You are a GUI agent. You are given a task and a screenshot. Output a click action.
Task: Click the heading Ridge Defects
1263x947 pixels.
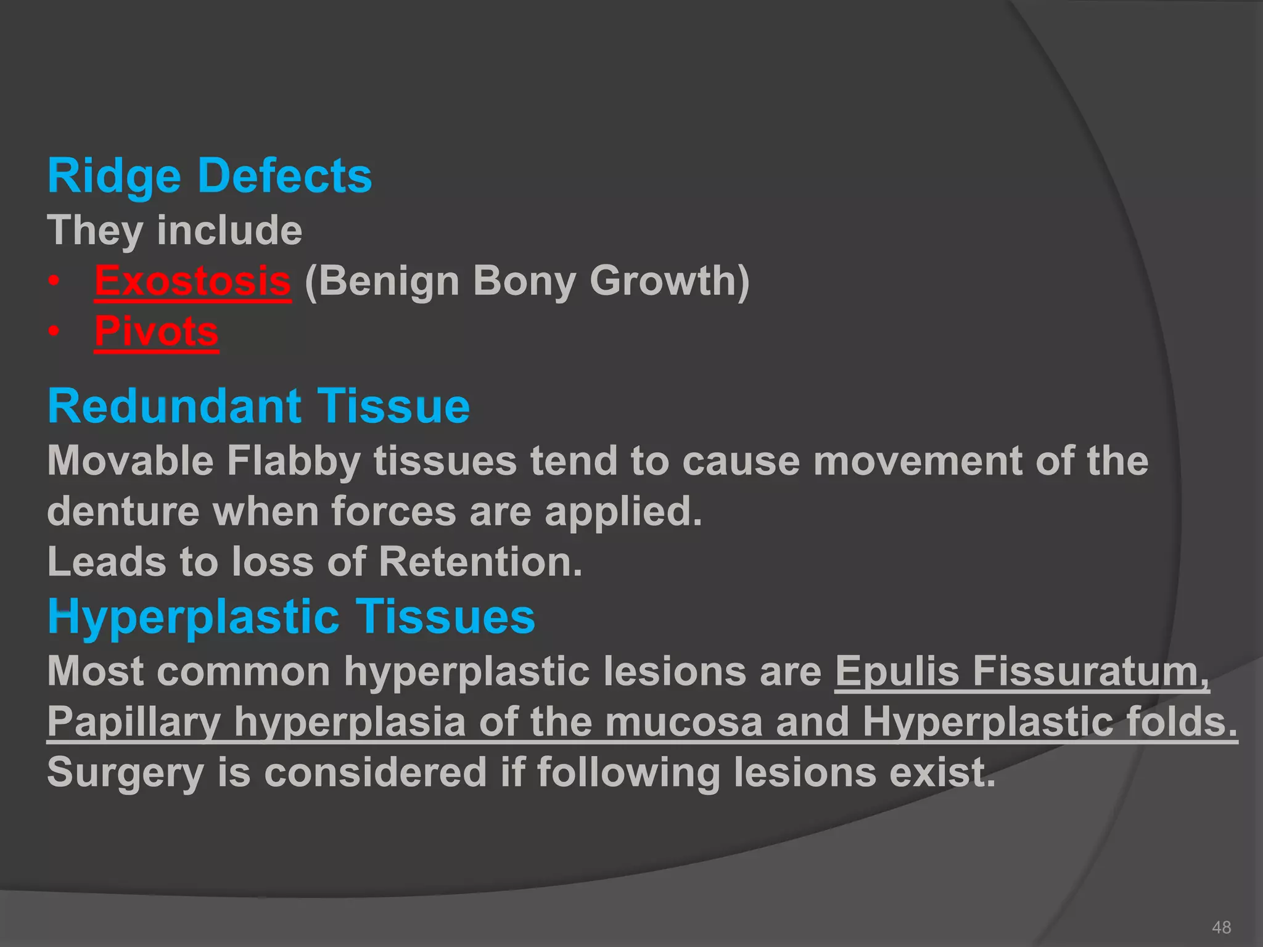click(210, 176)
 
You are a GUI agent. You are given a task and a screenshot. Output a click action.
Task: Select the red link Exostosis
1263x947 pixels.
click(192, 281)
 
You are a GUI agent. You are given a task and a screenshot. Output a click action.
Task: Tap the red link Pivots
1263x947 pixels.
click(157, 332)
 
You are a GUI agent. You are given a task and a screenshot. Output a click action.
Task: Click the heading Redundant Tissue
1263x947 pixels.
click(259, 407)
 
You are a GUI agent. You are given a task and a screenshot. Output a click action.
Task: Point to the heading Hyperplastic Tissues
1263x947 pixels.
click(291, 617)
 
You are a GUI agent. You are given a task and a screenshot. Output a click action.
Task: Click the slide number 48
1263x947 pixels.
click(1221, 927)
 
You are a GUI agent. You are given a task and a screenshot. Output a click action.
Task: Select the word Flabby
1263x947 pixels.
click(294, 461)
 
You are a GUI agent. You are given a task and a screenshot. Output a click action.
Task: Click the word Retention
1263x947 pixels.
click(480, 562)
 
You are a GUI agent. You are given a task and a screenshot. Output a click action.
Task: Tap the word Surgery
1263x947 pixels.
click(125, 773)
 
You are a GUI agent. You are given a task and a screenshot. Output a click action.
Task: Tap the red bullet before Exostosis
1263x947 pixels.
click(55, 282)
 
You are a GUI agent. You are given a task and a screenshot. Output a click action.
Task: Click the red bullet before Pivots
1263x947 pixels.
click(55, 332)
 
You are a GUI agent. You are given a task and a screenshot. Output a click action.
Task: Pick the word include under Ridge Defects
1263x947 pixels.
click(229, 231)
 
